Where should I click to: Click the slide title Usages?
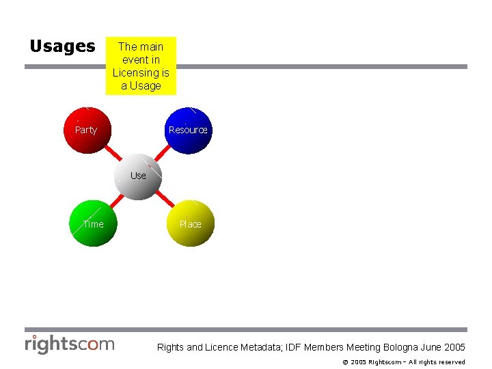pos(62,46)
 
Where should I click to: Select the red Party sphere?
pos(86,130)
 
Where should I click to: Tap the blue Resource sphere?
pos(188,130)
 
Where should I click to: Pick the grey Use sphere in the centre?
pos(138,176)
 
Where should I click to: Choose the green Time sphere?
pos(94,223)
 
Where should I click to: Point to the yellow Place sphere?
pos(191,223)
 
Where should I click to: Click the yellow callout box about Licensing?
pos(141,66)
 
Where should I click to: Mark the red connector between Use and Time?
pos(117,200)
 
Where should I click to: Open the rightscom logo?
pos(70,344)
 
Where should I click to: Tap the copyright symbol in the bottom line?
pos(345,362)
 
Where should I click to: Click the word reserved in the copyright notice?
pos(452,362)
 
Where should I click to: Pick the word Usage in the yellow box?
pos(146,85)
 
